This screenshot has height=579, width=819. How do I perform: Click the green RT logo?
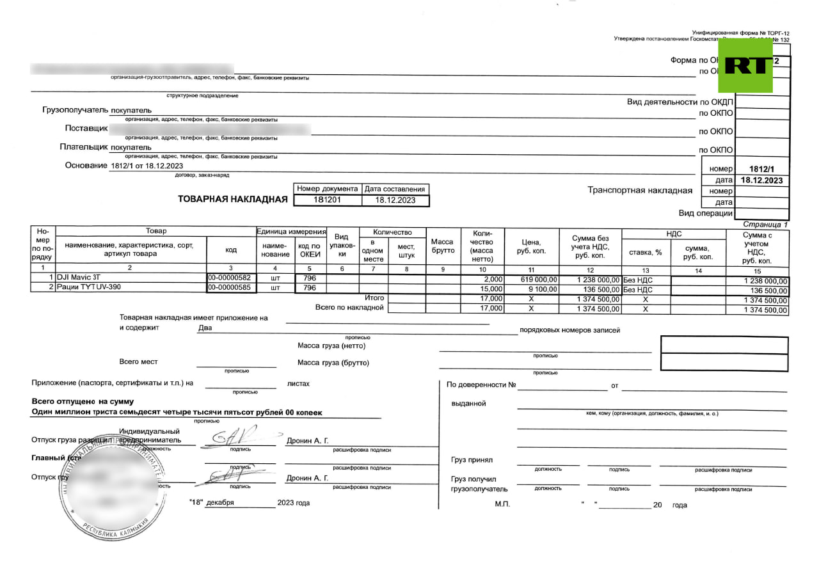(x=745, y=65)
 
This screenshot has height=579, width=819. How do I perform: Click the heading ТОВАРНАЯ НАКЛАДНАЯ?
(x=232, y=199)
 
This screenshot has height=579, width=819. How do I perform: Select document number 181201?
(x=327, y=200)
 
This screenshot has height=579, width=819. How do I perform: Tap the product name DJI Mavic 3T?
(x=79, y=278)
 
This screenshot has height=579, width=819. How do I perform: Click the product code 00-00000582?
(x=230, y=278)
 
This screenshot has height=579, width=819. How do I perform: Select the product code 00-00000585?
(x=230, y=287)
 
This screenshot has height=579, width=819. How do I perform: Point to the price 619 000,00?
(x=539, y=280)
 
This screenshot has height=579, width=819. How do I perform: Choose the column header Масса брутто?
(x=442, y=246)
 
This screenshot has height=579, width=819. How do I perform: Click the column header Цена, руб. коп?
(x=532, y=246)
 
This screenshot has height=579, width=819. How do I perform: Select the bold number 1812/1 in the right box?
(x=761, y=169)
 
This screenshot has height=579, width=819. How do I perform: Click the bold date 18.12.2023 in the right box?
(x=761, y=180)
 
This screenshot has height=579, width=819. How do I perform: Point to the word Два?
(x=205, y=328)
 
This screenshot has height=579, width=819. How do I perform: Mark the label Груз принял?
(x=472, y=460)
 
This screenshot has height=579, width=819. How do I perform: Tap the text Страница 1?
(x=765, y=225)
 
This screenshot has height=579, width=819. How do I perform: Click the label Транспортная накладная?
(x=640, y=190)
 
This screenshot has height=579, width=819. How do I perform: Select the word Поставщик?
(x=86, y=128)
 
